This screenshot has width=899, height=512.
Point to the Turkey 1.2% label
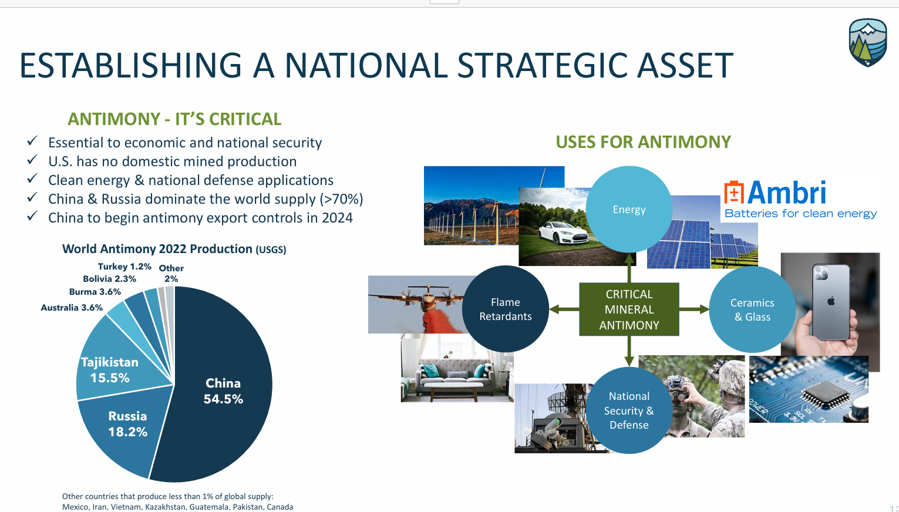point(124,267)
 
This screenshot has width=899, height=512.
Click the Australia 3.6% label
point(72,308)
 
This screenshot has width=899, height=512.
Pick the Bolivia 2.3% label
point(110,279)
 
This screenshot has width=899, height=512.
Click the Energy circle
point(629,209)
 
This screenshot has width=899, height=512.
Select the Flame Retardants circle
point(506,309)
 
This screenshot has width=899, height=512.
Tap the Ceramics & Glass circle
point(752,309)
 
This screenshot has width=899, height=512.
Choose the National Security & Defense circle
point(629,410)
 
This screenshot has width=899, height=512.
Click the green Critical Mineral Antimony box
point(629,309)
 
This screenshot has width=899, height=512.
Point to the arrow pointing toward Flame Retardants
point(564,309)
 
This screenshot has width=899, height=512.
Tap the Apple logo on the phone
point(831,301)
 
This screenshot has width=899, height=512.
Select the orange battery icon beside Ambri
point(734,192)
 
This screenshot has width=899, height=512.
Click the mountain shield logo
point(868,42)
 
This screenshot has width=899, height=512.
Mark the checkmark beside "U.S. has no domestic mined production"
point(32,160)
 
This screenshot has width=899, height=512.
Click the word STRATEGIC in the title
point(541,65)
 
